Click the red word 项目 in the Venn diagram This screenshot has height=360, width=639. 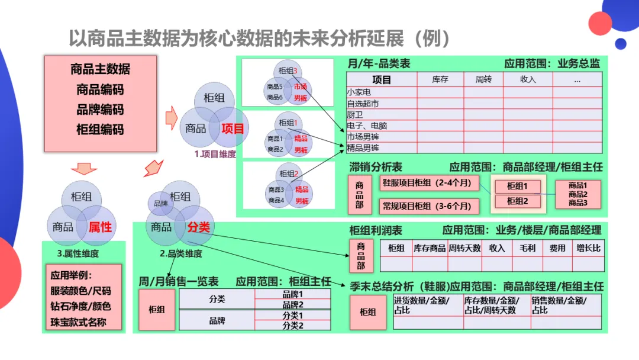tap(233, 128)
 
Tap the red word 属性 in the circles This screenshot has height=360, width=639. tap(100, 227)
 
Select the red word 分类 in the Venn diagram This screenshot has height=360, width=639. tap(198, 227)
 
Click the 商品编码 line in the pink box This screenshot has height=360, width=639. tap(100, 90)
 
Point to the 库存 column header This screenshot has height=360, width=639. tap(440, 79)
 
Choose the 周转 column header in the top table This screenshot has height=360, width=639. tap(483, 79)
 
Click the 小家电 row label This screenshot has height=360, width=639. tap(359, 92)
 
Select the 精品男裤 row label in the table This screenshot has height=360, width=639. tap(363, 148)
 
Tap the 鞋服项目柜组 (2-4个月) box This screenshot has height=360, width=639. tap(429, 184)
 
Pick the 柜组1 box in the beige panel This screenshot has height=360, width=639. tap(517, 186)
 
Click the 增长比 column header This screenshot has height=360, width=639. tap(589, 249)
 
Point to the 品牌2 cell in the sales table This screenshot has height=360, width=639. tap(292, 305)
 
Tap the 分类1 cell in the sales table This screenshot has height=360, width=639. tap(292, 316)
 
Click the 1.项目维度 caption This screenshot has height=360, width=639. tap(215, 154)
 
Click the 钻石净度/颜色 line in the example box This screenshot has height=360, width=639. tap(81, 307)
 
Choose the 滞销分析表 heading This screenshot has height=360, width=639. tap(376, 168)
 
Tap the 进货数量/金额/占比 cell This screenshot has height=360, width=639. tap(421, 306)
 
